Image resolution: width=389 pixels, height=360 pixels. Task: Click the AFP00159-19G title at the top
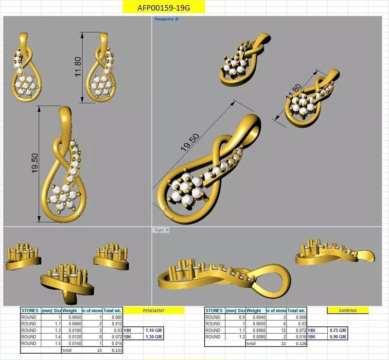click(163, 7)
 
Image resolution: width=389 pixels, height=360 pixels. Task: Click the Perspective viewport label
click(164, 19)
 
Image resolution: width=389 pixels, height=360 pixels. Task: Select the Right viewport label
click(159, 230)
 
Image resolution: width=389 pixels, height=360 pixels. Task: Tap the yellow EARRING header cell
click(348, 310)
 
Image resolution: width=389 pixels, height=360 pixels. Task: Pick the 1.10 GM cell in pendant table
click(153, 330)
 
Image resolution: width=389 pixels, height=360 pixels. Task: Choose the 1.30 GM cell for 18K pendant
click(153, 336)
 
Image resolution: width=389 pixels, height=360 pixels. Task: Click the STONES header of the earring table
click(214, 310)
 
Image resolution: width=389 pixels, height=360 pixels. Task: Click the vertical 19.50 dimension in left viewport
click(35, 163)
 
